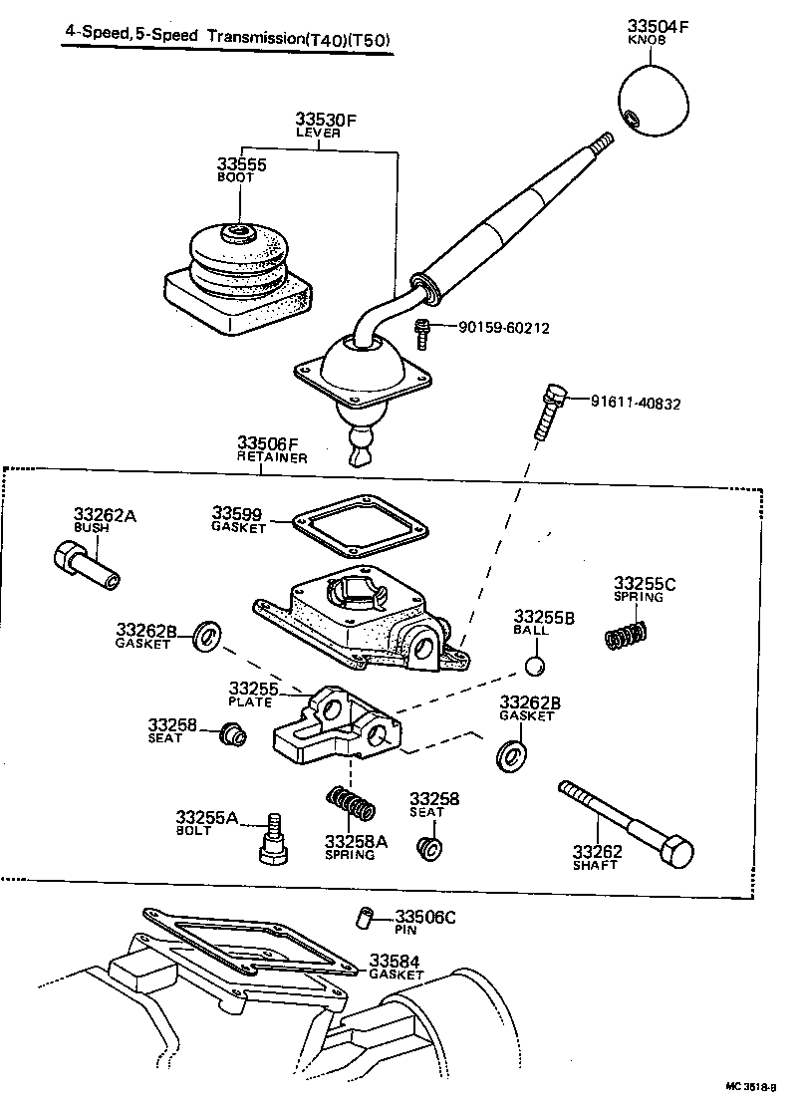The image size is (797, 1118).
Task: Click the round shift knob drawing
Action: (x=653, y=102)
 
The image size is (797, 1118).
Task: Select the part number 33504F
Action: (x=658, y=26)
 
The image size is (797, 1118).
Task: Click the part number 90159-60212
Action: (x=503, y=328)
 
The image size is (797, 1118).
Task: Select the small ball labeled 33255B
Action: (x=535, y=666)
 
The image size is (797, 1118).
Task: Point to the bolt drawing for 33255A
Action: (x=272, y=842)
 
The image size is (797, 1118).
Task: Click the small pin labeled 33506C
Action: (x=366, y=917)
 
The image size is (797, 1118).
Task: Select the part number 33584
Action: (x=395, y=961)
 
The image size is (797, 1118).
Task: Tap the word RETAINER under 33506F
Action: (x=271, y=457)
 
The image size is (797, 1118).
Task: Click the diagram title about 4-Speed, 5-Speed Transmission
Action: (x=222, y=41)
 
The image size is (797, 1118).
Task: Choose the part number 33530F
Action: (x=325, y=120)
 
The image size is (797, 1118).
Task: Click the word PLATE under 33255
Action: (x=250, y=701)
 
